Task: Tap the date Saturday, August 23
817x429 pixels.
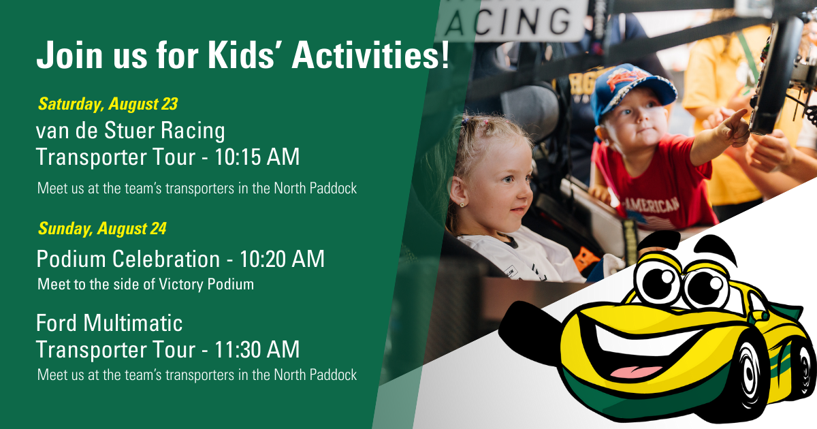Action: pyautogui.click(x=108, y=104)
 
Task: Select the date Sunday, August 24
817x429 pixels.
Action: pyautogui.click(x=102, y=229)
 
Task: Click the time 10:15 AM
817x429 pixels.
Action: pyautogui.click(x=257, y=157)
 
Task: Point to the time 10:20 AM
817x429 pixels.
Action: pyautogui.click(x=282, y=259)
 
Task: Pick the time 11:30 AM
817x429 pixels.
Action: pyautogui.click(x=257, y=349)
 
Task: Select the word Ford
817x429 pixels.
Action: pyautogui.click(x=57, y=323)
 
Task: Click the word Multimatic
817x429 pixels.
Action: pyautogui.click(x=133, y=323)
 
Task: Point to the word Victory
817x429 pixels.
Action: pyautogui.click(x=180, y=285)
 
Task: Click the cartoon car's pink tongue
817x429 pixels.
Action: pyautogui.click(x=637, y=372)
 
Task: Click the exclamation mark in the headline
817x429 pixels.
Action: pyautogui.click(x=445, y=55)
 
